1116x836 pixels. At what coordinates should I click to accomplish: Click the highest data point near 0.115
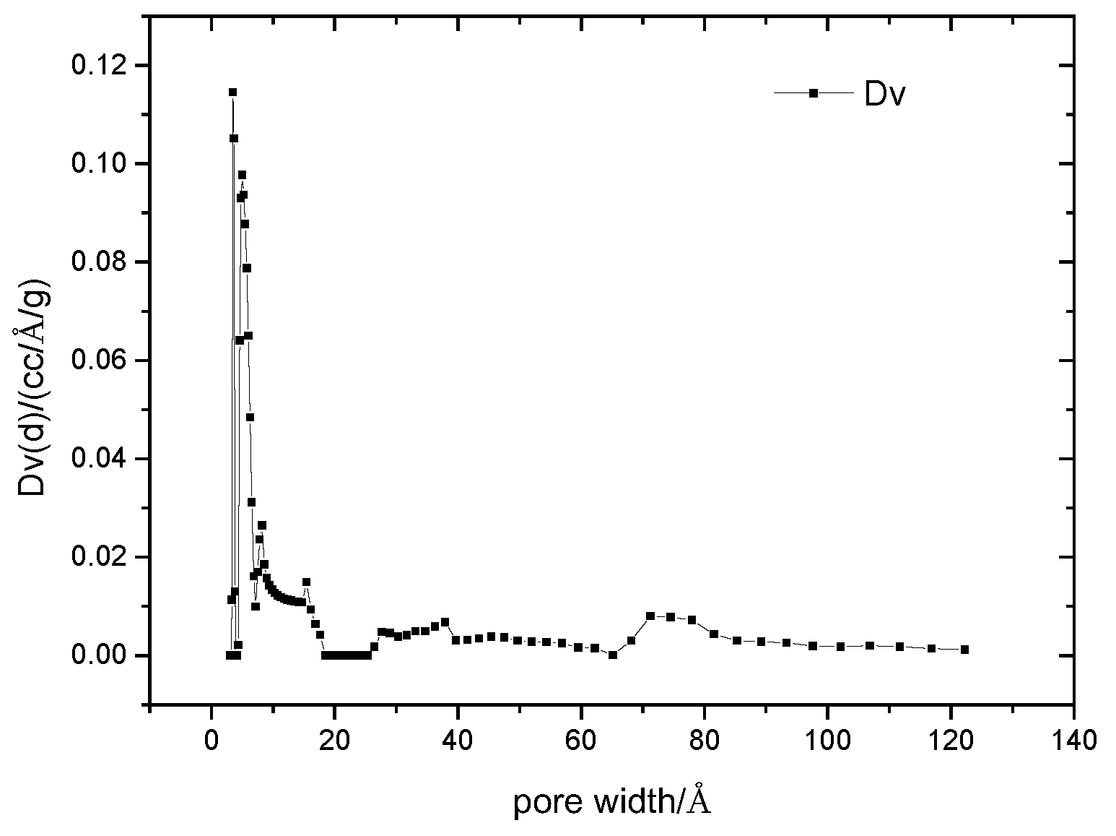(232, 92)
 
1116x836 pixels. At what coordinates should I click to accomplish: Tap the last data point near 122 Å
(964, 650)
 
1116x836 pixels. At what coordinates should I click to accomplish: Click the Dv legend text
(884, 95)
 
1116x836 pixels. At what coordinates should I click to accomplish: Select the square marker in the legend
(813, 92)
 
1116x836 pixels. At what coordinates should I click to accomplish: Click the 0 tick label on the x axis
(211, 740)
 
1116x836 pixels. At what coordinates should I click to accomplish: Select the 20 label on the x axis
(334, 740)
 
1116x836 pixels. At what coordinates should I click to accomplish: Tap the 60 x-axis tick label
(581, 740)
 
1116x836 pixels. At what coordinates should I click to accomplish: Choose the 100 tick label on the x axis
(827, 740)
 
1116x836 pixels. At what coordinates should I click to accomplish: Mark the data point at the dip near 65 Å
(613, 655)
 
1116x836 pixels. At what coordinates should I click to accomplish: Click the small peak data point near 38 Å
(445, 621)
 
